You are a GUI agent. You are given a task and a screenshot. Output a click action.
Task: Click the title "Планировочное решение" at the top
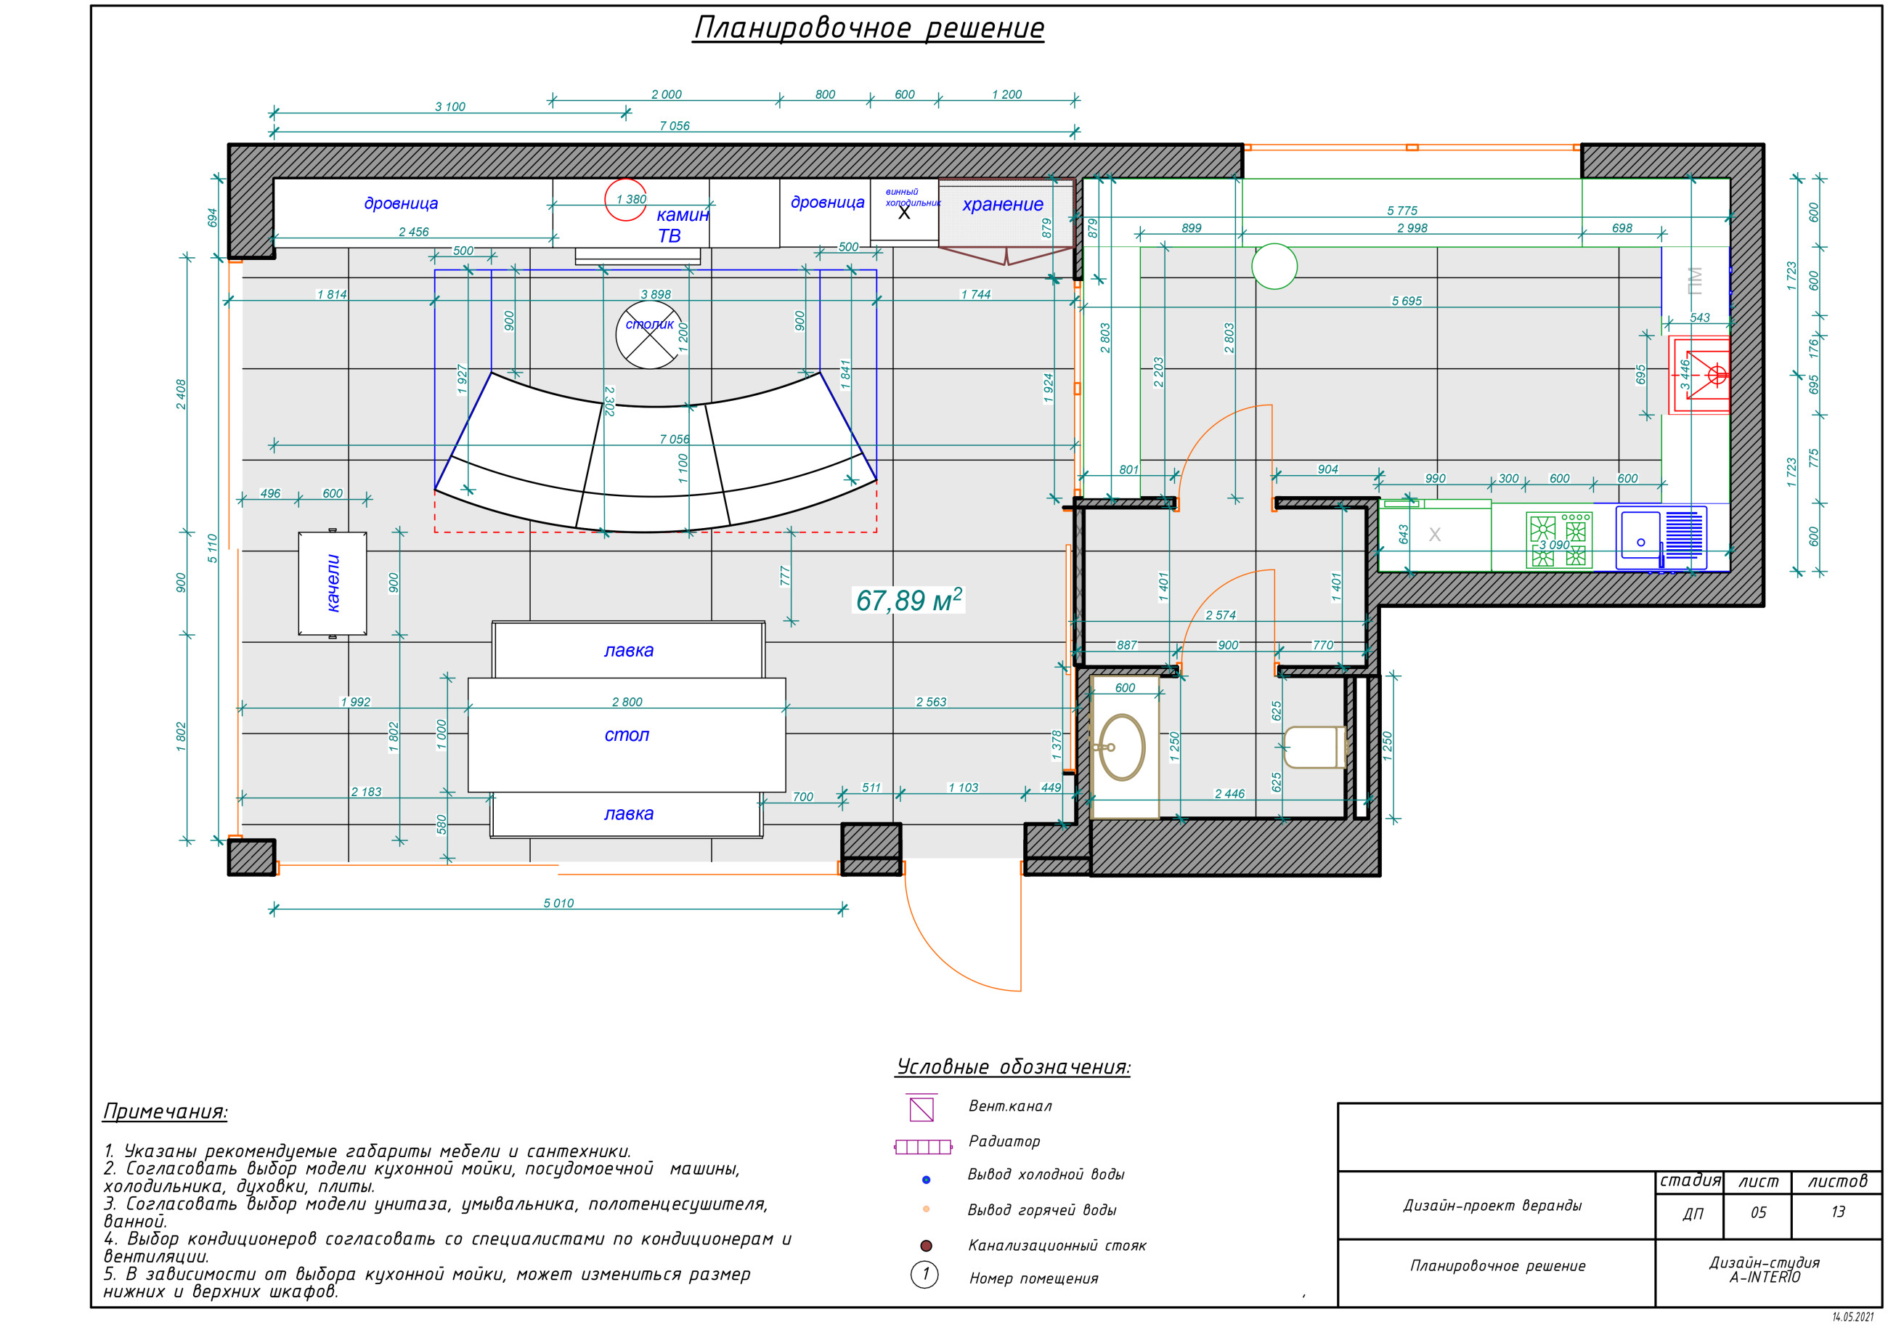point(868,28)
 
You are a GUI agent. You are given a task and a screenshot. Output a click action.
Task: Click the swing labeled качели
point(332,583)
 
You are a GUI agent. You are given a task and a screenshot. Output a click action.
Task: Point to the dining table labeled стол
point(627,734)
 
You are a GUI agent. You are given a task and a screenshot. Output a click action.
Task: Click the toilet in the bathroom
point(1314,747)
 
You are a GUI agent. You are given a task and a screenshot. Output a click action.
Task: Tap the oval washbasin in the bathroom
point(1122,747)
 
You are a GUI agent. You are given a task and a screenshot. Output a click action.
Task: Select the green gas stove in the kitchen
point(1559,540)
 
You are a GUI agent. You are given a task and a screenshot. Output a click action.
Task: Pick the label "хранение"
point(1002,204)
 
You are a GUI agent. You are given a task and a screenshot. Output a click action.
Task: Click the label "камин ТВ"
point(682,225)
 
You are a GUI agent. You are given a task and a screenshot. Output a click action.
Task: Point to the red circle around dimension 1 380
point(625,200)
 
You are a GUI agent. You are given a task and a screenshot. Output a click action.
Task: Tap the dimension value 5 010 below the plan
point(558,903)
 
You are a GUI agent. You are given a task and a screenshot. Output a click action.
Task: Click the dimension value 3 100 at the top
point(449,107)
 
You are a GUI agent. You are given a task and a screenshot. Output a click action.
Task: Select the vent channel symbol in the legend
point(921,1108)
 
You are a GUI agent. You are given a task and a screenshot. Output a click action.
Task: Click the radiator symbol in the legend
point(923,1146)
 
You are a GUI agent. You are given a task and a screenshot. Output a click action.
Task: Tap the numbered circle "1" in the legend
point(925,1275)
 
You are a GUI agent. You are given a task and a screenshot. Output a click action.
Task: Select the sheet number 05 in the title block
point(1758,1212)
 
